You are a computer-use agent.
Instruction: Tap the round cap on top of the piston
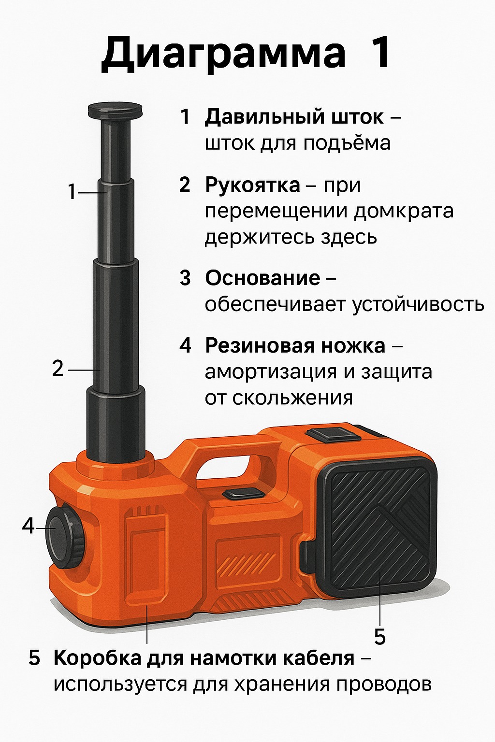click(x=115, y=110)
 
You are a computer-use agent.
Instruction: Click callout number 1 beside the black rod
click(x=72, y=192)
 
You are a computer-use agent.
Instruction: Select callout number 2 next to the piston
click(x=58, y=369)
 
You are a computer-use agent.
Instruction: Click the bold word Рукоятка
click(x=253, y=185)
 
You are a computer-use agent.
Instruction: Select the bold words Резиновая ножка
click(x=295, y=346)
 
